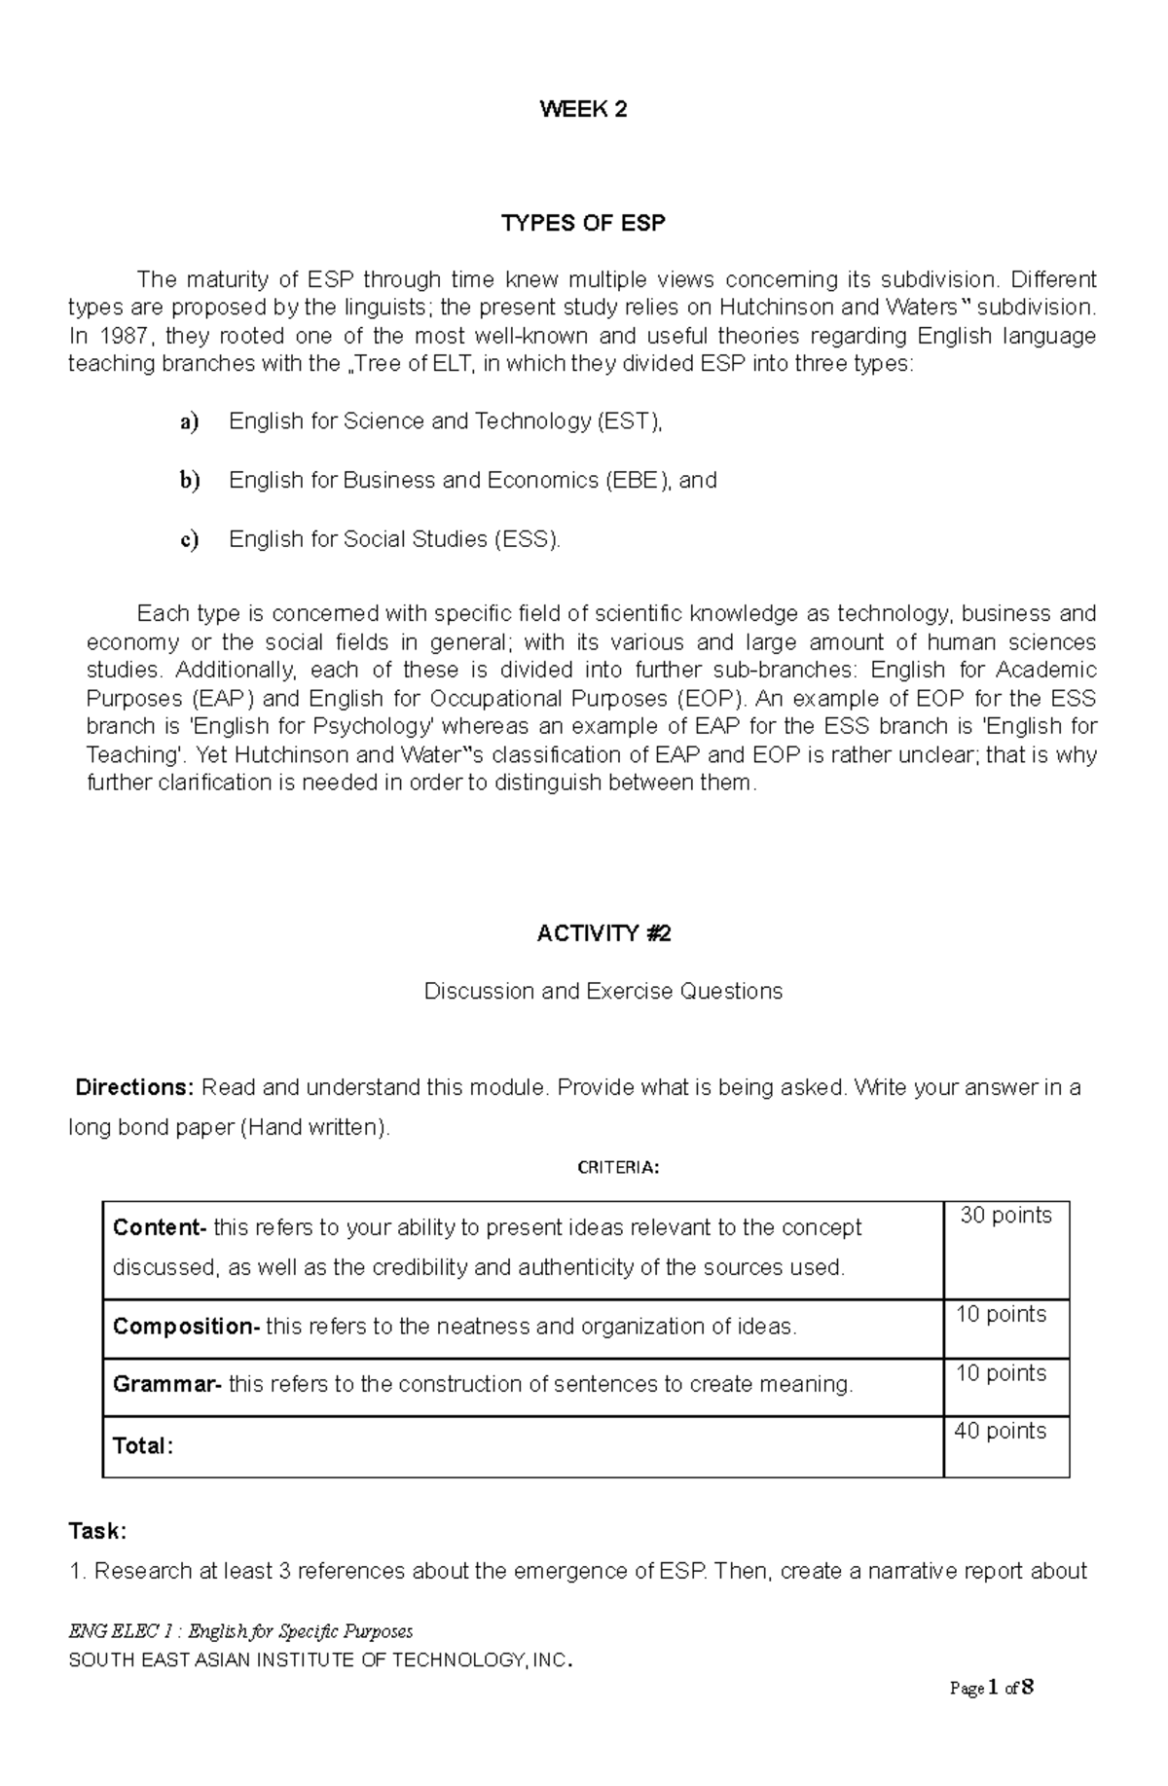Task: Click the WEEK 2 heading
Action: pos(583,110)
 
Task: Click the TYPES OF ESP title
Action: pos(583,224)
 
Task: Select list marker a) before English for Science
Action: pos(189,421)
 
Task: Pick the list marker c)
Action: pos(189,540)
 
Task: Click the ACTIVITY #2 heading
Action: pos(603,934)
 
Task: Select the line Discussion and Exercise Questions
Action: pos(603,992)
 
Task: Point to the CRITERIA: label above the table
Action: pos(618,1168)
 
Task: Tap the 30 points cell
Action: pos(1006,1216)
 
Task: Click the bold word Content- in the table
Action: pos(160,1228)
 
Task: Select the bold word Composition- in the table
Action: pos(186,1327)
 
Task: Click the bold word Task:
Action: pos(97,1531)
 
